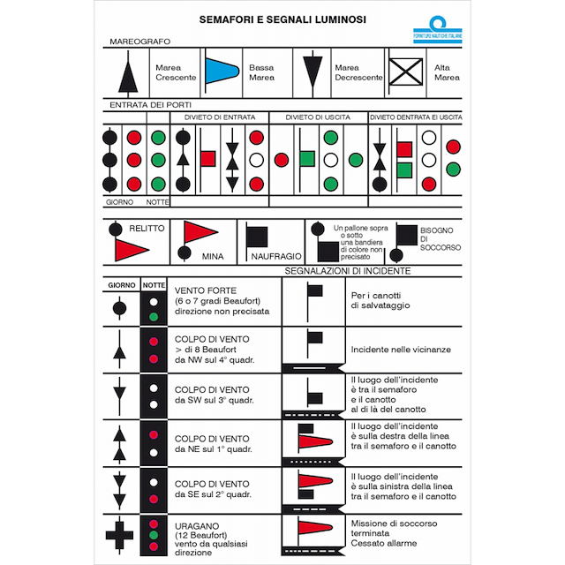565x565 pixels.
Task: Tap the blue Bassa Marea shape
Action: tap(222, 72)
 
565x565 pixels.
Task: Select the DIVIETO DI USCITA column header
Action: tap(317, 117)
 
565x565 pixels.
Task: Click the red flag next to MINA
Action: tap(200, 233)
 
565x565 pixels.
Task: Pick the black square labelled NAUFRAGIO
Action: tap(257, 236)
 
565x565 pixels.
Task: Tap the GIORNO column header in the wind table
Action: tap(122, 286)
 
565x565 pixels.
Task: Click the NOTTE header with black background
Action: tap(154, 286)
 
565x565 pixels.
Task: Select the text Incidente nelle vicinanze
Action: tap(399, 350)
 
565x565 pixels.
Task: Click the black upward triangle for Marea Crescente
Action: tap(130, 72)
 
